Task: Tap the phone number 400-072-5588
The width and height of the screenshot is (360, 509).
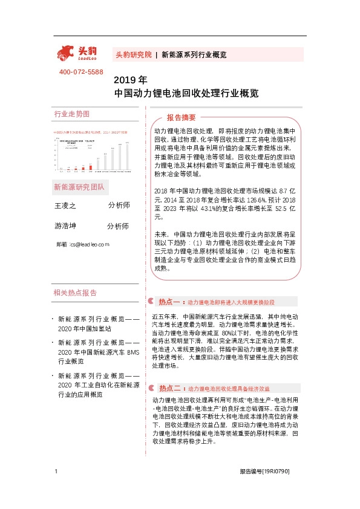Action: tap(81, 72)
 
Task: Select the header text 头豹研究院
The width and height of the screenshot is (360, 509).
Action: tap(133, 54)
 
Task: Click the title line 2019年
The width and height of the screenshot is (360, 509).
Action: tap(130, 79)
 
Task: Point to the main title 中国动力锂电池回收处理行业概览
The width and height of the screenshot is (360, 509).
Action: tap(186, 94)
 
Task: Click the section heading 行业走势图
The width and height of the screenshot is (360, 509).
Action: tap(71, 114)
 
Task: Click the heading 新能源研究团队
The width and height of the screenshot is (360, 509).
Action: tap(79, 187)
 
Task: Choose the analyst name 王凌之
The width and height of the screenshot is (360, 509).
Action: tap(66, 206)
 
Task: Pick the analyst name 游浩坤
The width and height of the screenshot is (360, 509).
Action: tap(66, 226)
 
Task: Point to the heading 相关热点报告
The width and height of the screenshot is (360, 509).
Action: tap(75, 293)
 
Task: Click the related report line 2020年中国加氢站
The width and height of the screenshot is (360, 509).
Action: tap(85, 328)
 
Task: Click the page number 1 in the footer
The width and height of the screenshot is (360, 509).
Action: tap(56, 488)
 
